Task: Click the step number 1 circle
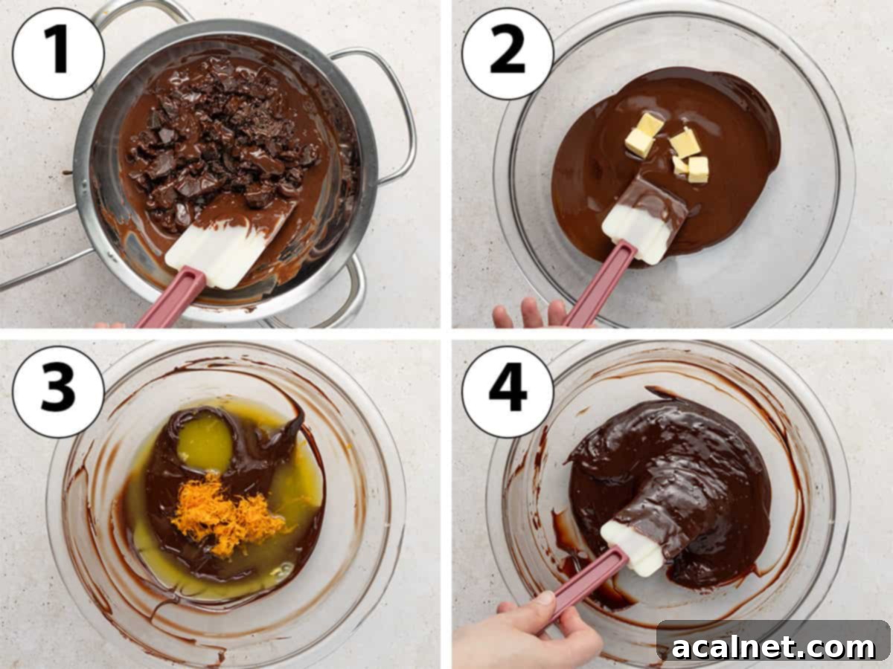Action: pos(58,53)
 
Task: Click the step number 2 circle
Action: pos(508,53)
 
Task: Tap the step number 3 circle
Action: pos(58,391)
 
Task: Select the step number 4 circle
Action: pos(508,391)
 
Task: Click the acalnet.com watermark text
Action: pos(774,647)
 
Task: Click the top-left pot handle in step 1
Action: pos(141,11)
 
